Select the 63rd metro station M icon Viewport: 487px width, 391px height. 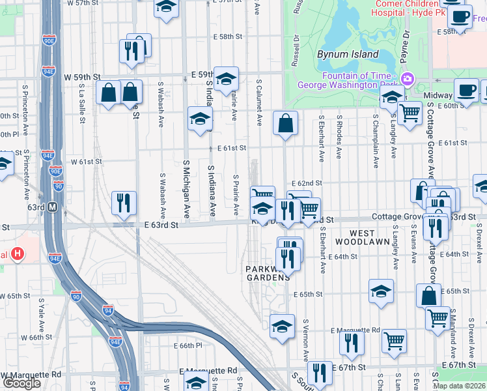[53, 207]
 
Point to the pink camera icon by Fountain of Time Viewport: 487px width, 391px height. [408, 79]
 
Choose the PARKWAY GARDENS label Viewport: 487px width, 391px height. [267, 273]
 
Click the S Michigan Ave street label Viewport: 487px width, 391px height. [186, 188]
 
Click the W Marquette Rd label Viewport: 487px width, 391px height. [31, 375]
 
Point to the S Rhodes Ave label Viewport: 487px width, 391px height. [339, 137]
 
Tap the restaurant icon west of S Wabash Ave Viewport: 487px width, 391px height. [122, 203]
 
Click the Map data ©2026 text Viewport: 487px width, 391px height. [458, 386]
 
